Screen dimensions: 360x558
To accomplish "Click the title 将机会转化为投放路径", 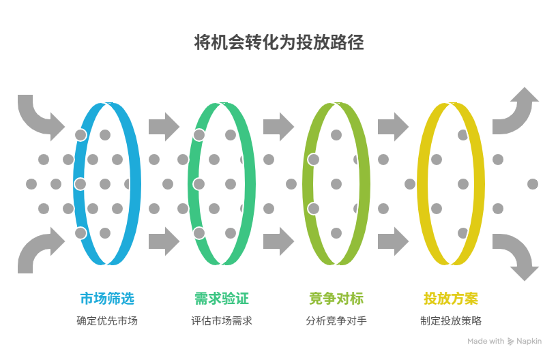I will click(x=279, y=43).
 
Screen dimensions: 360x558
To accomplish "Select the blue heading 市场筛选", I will click(x=107, y=299).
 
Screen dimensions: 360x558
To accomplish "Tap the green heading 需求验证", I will click(x=222, y=299).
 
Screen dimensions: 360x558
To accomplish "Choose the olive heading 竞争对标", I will click(x=336, y=299).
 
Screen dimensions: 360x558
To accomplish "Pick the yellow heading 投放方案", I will click(x=451, y=299).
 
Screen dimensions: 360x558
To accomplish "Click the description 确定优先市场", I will click(x=107, y=320).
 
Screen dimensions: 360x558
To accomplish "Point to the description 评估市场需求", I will click(x=222, y=320).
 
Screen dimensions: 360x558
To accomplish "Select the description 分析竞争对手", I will click(x=336, y=320).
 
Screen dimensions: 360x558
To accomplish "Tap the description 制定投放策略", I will click(x=451, y=320).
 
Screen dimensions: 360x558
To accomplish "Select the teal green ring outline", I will click(x=249, y=184).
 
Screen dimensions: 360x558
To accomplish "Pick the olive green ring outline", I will click(x=364, y=184).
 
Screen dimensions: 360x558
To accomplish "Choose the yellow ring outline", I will click(x=478, y=184).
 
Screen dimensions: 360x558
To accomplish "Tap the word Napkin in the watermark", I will click(x=529, y=342).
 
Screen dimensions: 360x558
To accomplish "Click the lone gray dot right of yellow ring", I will click(x=533, y=184).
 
